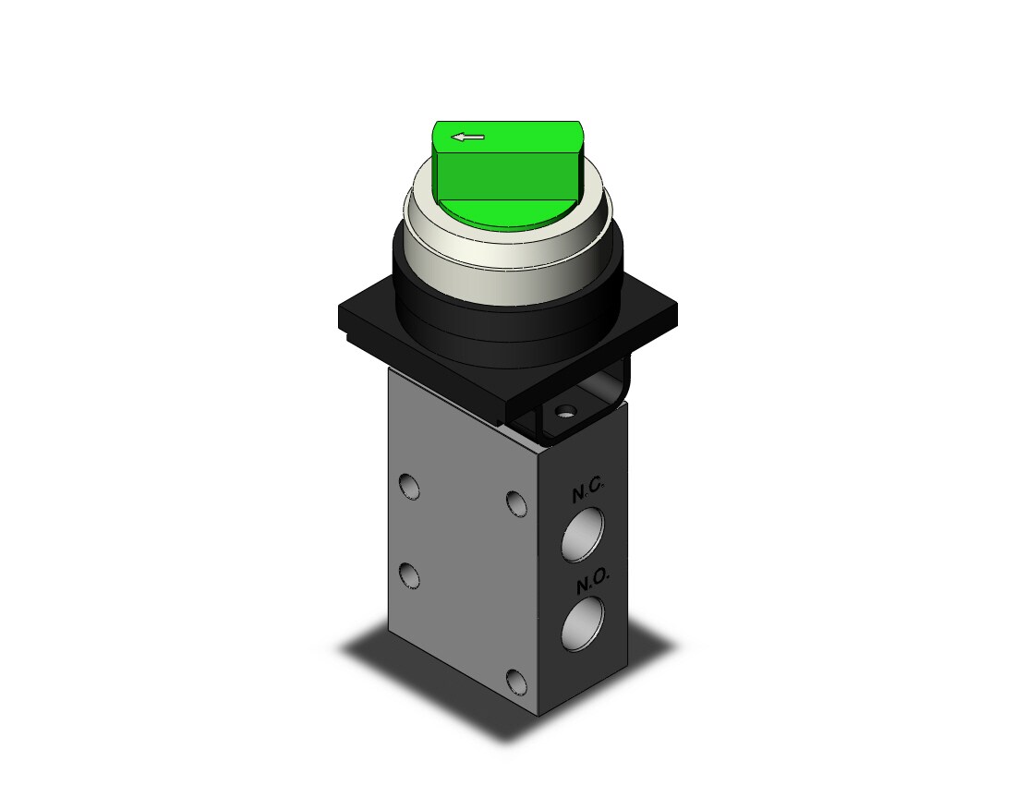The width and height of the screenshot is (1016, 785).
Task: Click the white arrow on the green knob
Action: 468,137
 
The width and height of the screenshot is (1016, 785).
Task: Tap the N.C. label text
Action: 587,493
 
